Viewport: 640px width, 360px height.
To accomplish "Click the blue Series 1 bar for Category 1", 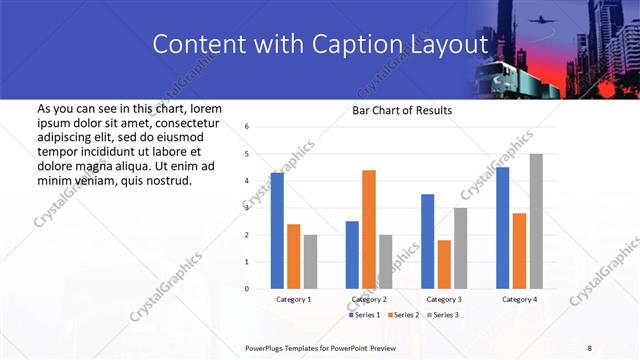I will (277, 230).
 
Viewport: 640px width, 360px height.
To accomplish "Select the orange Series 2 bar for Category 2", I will (369, 229).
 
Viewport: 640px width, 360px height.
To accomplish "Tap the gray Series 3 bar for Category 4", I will (536, 221).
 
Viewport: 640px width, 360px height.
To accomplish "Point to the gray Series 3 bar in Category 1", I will (310, 261).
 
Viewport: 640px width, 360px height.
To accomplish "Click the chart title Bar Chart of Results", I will (402, 110).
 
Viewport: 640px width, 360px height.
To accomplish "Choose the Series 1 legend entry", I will (364, 315).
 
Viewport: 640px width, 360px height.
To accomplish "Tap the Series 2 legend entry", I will (404, 315).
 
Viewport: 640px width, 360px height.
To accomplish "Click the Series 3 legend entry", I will (443, 315).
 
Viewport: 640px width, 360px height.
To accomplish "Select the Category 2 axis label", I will (369, 299).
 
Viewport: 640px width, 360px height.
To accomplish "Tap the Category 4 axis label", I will (519, 299).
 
